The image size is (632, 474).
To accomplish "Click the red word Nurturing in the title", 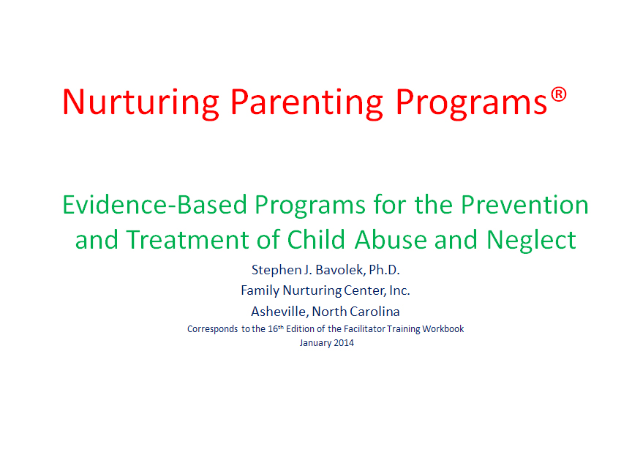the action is tap(140, 103).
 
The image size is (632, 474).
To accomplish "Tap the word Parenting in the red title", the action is tap(306, 103).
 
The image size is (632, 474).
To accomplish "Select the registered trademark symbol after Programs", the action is tap(559, 95).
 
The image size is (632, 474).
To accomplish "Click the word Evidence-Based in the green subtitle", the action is tap(154, 204).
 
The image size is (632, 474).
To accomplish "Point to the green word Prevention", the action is tap(524, 204).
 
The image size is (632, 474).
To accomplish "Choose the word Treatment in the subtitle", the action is tap(187, 239).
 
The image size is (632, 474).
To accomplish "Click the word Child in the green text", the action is tap(316, 239).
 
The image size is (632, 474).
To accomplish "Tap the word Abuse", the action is tap(391, 239).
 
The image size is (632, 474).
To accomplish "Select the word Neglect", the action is tap(531, 241).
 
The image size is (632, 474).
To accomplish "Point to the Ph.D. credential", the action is tap(384, 270).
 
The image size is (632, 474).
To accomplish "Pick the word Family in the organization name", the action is tap(260, 290).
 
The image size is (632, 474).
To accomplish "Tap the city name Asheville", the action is tap(279, 311).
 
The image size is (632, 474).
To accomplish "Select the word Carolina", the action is tap(375, 311).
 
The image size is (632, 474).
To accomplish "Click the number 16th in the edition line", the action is tap(276, 328).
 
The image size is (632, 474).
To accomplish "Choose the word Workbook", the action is tap(443, 329).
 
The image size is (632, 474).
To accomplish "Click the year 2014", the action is tap(344, 343).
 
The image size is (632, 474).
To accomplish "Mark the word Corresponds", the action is tap(212, 329).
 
